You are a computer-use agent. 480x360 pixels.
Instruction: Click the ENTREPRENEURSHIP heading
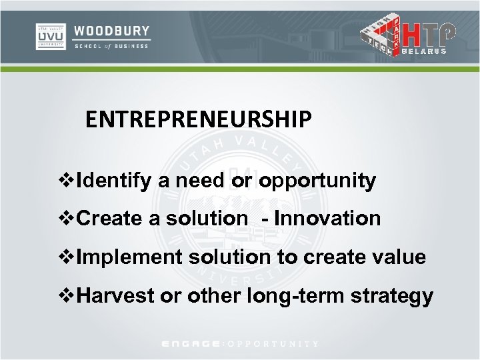[198, 119]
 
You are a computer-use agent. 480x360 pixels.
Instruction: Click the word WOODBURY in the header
[112, 31]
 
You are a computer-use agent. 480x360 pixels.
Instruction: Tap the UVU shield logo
[50, 37]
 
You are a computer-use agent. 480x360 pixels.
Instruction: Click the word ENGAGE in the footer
[193, 344]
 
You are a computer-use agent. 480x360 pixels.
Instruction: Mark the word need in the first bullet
[191, 181]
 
